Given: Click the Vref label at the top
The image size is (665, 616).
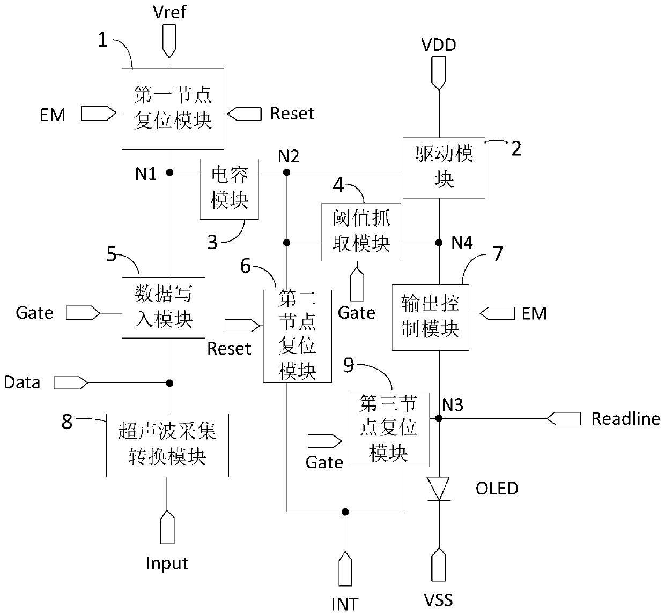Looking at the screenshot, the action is click(169, 12).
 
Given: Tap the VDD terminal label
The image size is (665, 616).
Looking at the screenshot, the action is click(439, 45).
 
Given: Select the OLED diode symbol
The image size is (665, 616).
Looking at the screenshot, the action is click(438, 489).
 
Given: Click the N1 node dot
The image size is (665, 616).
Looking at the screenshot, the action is click(170, 172).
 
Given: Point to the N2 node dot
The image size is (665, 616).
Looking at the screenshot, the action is click(286, 172).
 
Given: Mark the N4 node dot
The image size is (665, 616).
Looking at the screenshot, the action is click(439, 243).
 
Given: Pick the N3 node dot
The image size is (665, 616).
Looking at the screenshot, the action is click(439, 418).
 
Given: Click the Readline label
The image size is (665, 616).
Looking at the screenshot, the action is click(625, 419).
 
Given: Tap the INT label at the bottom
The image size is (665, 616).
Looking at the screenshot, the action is click(345, 604).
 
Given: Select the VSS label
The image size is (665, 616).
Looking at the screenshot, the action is click(438, 600).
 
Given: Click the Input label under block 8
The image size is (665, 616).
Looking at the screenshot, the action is click(167, 564).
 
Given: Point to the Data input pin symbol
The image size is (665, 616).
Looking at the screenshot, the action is click(71, 383).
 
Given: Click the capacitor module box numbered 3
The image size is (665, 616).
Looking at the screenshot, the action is click(230, 189).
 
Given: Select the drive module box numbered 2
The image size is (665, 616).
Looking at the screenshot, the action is click(444, 168).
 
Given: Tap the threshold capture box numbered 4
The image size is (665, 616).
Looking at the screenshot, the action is click(361, 232).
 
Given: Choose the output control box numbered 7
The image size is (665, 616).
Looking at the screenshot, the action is click(431, 318).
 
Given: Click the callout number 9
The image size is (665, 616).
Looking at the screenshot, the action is click(349, 365).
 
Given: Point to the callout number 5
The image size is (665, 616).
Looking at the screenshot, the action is click(112, 254).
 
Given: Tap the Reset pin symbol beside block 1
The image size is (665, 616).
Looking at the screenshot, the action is click(245, 114).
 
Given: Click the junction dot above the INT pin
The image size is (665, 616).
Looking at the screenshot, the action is click(345, 512).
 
